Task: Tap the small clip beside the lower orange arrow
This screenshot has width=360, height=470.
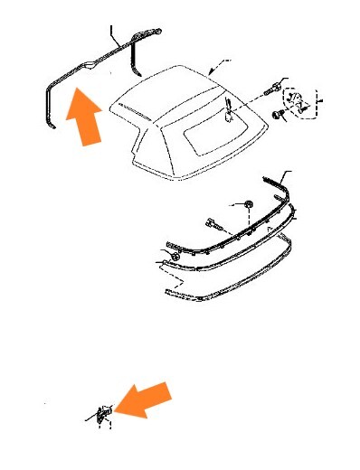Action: (x=101, y=414)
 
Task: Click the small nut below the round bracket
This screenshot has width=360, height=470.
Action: (x=279, y=114)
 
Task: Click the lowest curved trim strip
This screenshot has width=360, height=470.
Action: (x=235, y=279)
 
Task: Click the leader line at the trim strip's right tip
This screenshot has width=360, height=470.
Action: (x=288, y=174)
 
